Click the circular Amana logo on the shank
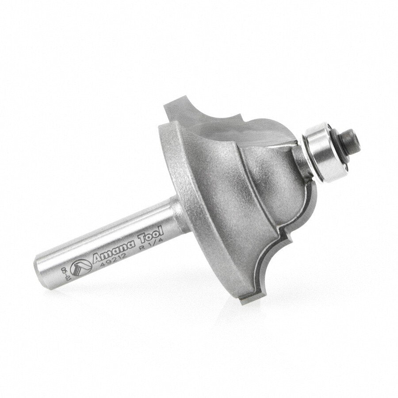tap(82, 267)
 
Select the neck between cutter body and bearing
tap(298, 161)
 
